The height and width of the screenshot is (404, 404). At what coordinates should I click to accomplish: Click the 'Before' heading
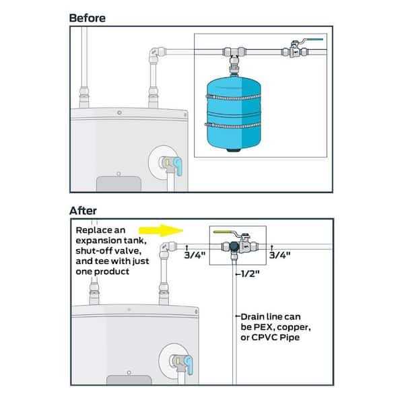click(x=88, y=18)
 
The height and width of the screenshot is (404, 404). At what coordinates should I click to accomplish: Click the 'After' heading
click(x=83, y=211)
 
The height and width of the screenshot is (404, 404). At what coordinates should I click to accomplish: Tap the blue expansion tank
click(x=234, y=113)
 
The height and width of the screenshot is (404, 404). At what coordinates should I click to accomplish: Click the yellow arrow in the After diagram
click(x=161, y=230)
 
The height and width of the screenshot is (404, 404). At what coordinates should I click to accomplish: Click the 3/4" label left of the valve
click(x=195, y=255)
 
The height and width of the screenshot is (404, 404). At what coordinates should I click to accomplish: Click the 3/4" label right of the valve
click(x=280, y=255)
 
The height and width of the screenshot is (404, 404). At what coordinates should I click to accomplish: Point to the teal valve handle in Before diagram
click(x=312, y=40)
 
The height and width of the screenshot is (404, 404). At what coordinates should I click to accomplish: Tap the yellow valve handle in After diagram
click(x=225, y=232)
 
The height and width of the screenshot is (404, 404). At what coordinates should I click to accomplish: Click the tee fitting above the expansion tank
click(x=234, y=54)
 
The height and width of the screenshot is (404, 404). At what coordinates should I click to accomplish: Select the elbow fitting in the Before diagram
click(x=156, y=54)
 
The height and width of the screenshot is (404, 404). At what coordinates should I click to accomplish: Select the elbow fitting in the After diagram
click(x=168, y=248)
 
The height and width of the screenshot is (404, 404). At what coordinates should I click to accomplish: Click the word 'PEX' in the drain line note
click(x=261, y=327)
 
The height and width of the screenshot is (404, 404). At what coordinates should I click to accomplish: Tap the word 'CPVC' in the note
click(x=265, y=337)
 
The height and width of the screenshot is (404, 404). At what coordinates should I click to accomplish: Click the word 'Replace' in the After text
click(x=91, y=230)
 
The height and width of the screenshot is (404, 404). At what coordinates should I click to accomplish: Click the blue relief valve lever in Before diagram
click(x=178, y=166)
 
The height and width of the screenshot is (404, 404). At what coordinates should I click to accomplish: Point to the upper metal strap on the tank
click(x=234, y=98)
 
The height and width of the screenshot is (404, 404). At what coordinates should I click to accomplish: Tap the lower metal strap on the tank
click(x=233, y=126)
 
